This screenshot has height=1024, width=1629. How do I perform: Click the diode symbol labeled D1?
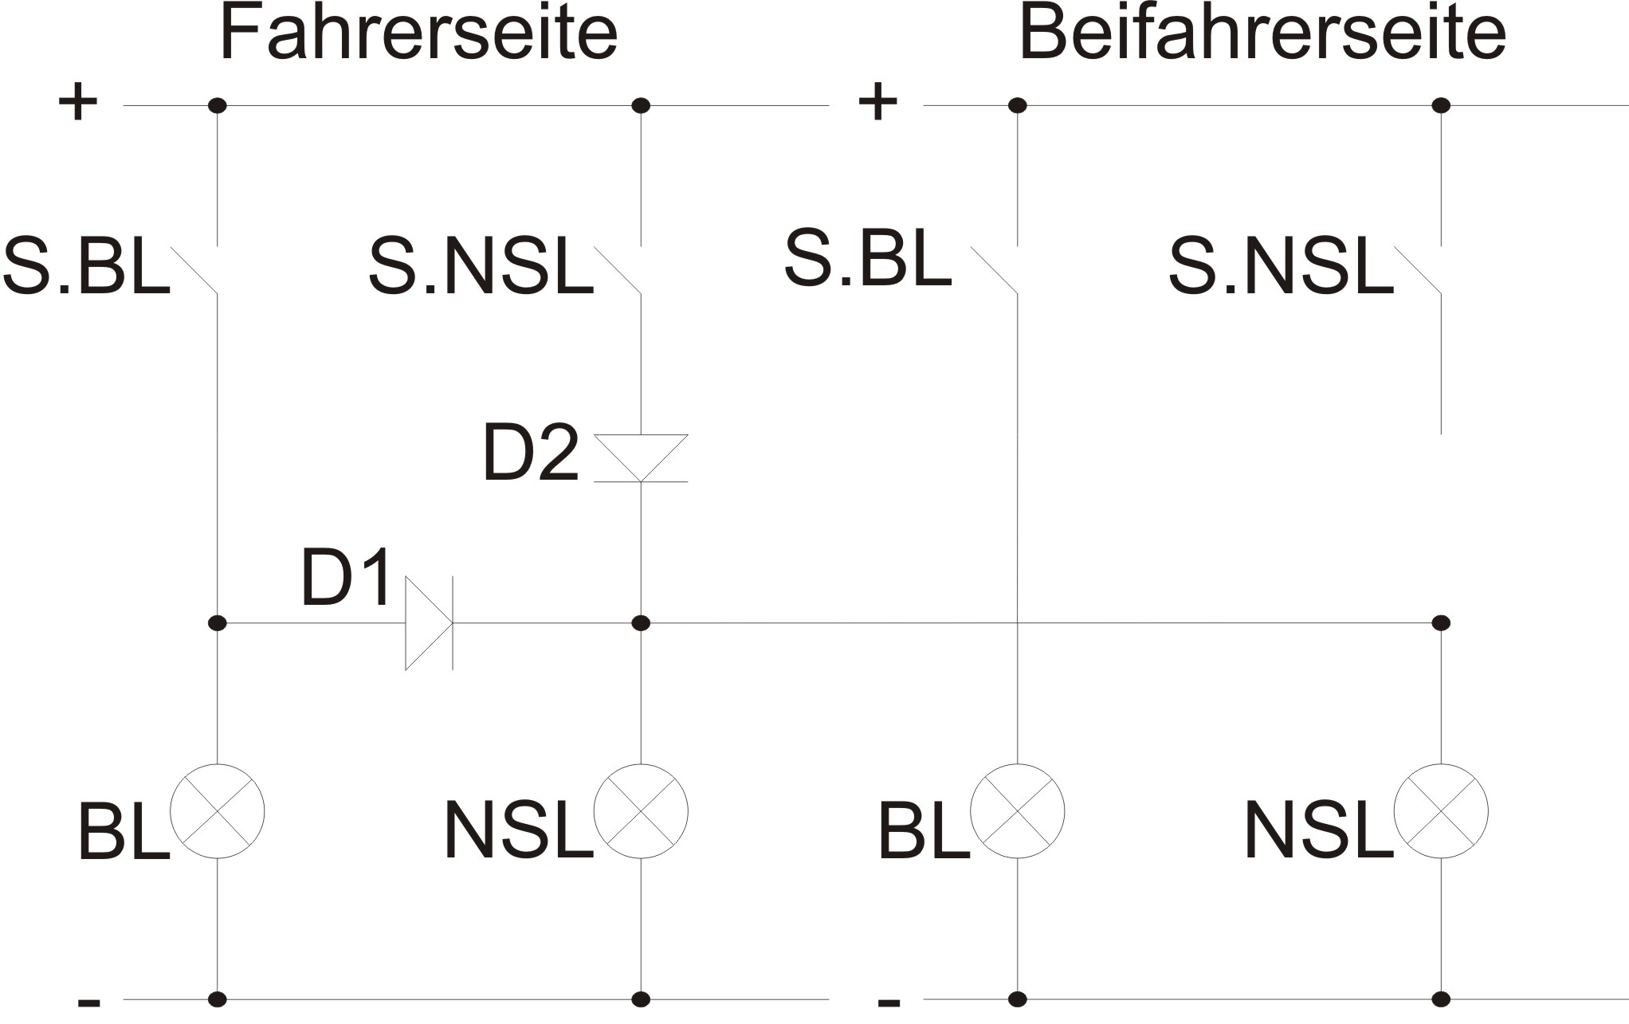[429, 623]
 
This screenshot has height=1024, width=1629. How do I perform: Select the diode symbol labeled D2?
[641, 458]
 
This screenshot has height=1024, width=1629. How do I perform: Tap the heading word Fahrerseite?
[418, 33]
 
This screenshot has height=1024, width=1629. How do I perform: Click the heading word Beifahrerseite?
[1262, 33]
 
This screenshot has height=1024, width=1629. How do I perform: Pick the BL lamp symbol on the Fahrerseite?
[218, 811]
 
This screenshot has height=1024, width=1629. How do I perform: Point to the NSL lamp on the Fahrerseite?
[641, 811]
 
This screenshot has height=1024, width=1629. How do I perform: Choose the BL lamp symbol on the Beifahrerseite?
[1017, 811]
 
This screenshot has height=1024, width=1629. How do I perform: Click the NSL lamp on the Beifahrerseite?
[1441, 811]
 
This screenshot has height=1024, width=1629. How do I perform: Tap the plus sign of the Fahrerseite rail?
[78, 103]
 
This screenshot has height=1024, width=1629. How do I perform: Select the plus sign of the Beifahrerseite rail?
[877, 103]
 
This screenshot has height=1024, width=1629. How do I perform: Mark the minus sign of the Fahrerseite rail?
[88, 1002]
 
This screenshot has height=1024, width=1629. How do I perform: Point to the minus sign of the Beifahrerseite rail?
[889, 1002]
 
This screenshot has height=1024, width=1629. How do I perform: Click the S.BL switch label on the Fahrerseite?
[86, 269]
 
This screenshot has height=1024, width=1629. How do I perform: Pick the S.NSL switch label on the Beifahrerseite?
[1281, 267]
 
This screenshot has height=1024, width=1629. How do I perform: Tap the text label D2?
[531, 452]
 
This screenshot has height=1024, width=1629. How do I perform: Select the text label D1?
[347, 577]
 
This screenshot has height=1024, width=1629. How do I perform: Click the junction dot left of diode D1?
[217, 623]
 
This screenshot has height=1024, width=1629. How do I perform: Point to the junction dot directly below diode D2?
[641, 623]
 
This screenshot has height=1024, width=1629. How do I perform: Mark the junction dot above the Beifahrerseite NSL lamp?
[1441, 623]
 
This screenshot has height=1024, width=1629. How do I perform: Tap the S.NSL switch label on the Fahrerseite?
[481, 269]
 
